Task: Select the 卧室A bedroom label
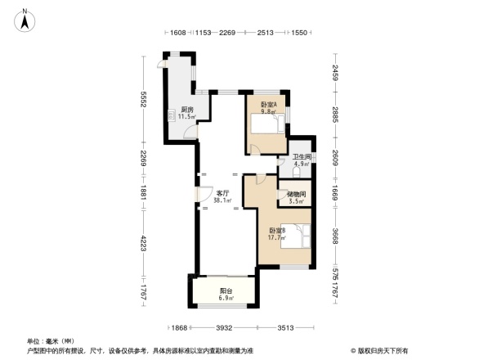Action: pyautogui.click(x=268, y=105)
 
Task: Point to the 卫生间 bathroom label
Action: pyautogui.click(x=303, y=157)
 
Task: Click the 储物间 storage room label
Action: pyautogui.click(x=297, y=194)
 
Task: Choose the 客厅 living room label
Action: pyautogui.click(x=222, y=192)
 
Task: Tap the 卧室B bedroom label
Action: pyautogui.click(x=276, y=231)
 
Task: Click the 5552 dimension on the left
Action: pyautogui.click(x=141, y=99)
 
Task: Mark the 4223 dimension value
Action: pyautogui.click(x=141, y=245)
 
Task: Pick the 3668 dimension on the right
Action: pyautogui.click(x=335, y=236)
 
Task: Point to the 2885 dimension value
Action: pyautogui.click(x=335, y=115)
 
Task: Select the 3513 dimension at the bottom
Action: pyautogui.click(x=284, y=328)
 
